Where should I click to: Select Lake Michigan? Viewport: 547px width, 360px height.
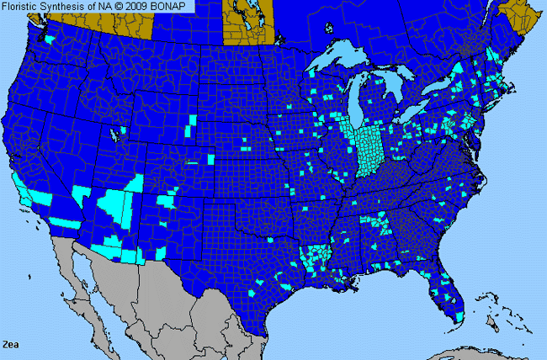360,101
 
